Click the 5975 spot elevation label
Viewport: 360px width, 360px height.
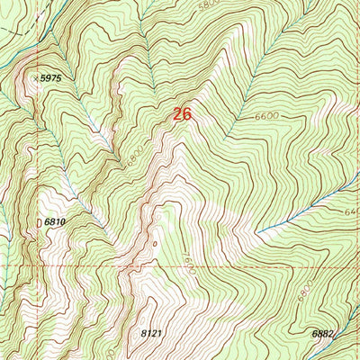pyautogui.click(x=51, y=79)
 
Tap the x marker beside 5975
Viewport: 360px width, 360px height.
pyautogui.click(x=37, y=79)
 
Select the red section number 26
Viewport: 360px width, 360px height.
pyautogui.click(x=182, y=114)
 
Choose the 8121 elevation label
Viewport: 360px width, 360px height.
pyautogui.click(x=154, y=333)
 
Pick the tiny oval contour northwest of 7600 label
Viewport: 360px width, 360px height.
pyautogui.click(x=154, y=242)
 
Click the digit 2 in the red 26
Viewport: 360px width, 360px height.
pyautogui.click(x=176, y=114)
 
